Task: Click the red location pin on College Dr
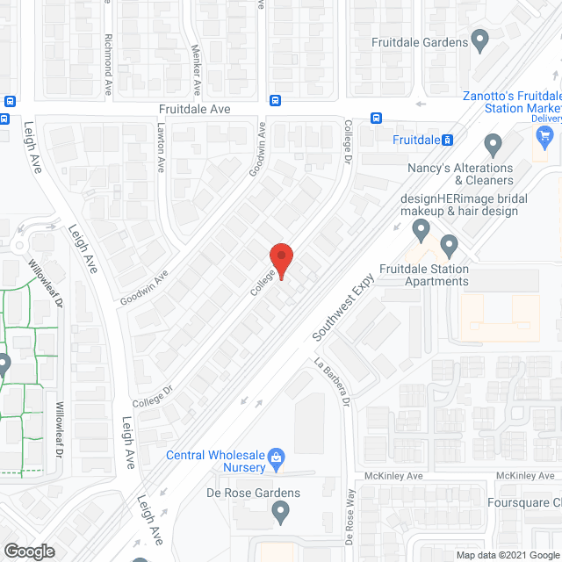280,261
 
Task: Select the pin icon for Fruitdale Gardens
479,39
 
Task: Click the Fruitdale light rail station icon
447,140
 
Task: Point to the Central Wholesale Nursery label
216,461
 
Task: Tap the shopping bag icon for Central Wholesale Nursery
277,456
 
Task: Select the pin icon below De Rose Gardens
280,510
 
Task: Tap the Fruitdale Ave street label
195,108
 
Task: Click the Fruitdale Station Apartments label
424,275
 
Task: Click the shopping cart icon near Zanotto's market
544,135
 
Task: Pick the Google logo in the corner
28,551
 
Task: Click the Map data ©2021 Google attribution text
506,555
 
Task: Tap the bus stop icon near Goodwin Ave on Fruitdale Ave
275,100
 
